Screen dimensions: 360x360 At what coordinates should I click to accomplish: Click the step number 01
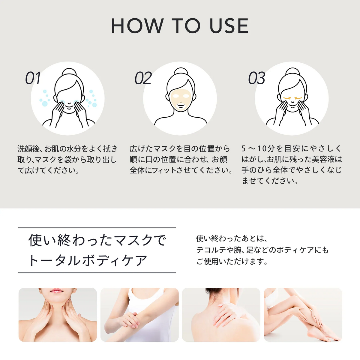[33, 78]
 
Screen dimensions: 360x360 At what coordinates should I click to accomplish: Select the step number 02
[143, 78]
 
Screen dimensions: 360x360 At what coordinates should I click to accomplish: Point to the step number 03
[256, 78]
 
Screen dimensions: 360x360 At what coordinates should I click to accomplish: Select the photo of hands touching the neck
[58, 315]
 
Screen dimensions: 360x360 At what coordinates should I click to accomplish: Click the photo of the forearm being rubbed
[139, 315]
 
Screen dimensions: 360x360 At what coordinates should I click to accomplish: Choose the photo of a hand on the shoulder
[221, 315]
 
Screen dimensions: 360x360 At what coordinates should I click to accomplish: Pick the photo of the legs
[303, 315]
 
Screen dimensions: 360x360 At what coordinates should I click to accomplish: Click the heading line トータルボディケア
[88, 260]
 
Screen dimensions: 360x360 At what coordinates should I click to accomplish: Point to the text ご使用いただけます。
[232, 262]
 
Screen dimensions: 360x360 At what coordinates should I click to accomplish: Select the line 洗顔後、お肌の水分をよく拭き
[67, 149]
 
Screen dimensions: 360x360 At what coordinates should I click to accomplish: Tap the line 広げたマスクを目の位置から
[180, 149]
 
